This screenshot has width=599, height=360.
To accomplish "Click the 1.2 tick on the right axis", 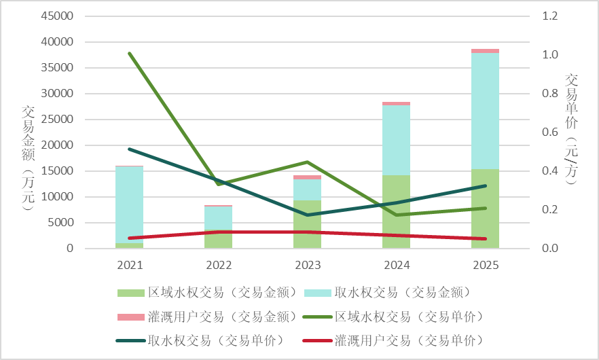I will (x=549, y=16).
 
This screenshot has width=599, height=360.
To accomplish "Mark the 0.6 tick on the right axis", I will (x=549, y=132).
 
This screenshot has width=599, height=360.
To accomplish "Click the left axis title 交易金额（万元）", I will (x=28, y=158).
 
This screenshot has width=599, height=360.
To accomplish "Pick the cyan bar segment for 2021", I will (x=129, y=204).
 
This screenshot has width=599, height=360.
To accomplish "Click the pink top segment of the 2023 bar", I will (x=307, y=177).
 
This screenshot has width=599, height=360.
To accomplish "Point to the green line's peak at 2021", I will (x=129, y=53).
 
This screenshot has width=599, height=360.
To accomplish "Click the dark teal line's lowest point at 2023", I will (x=307, y=215).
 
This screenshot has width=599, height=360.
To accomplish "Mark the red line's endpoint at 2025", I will (x=485, y=238).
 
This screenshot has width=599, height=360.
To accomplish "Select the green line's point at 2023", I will (x=307, y=162).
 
